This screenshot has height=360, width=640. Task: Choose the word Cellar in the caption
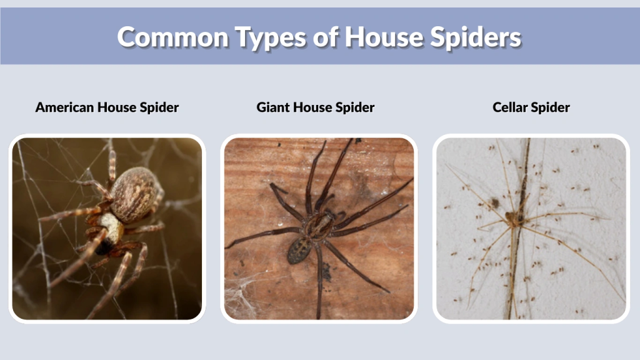click(511, 107)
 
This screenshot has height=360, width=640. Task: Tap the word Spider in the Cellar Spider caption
click(551, 107)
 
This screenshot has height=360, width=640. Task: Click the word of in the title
click(326, 37)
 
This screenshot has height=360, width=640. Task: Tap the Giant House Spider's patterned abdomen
click(300, 249)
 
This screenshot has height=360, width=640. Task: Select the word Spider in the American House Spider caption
click(159, 107)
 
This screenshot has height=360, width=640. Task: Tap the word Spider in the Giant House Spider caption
click(355, 107)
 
